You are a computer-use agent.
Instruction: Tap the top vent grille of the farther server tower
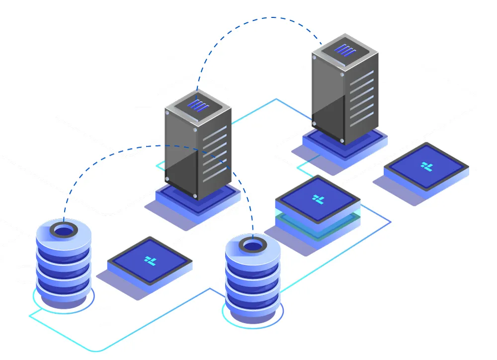(x=343, y=49)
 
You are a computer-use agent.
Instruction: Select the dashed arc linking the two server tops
(x=258, y=18)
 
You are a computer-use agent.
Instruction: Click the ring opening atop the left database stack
(x=64, y=230)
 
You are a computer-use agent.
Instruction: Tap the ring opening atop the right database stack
(x=253, y=245)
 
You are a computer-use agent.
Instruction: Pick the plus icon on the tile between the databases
(x=150, y=260)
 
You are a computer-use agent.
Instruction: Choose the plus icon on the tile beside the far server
(x=426, y=166)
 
